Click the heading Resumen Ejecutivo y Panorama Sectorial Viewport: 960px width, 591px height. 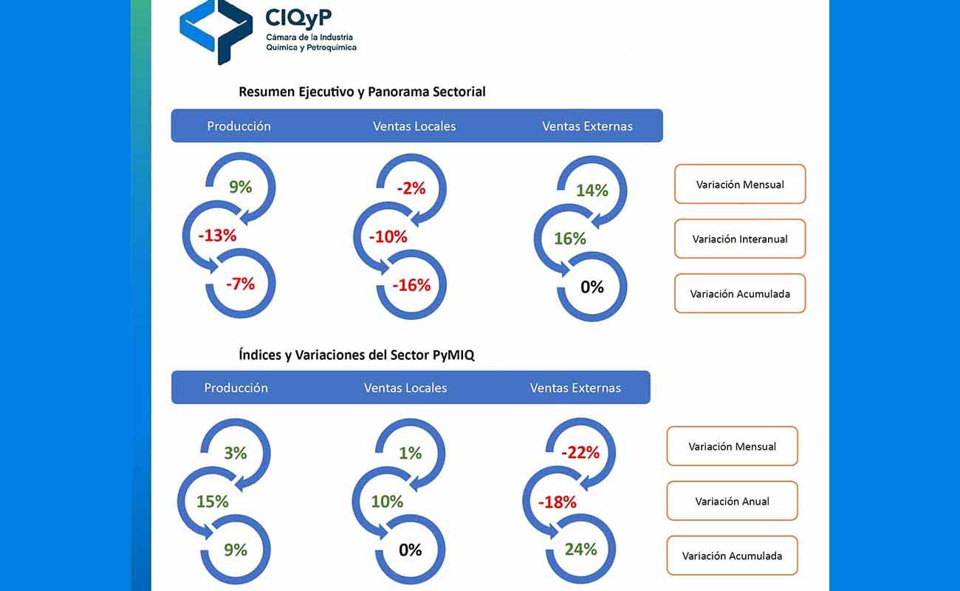362,92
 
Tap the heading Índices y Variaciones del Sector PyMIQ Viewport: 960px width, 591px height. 357,355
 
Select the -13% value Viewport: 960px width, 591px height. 217,236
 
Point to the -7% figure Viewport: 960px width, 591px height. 240,284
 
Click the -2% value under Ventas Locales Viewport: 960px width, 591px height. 411,188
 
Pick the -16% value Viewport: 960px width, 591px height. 411,286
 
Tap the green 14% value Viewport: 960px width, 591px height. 592,191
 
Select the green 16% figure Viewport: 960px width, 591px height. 569,239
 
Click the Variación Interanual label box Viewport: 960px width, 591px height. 739,239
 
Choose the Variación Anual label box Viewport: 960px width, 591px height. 732,501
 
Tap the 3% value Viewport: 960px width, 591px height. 235,453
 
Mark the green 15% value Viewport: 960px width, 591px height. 212,502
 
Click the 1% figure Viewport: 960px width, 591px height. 410,453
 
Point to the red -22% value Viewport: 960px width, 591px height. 580,453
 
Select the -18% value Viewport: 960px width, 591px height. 557,502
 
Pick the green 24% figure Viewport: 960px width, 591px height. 580,550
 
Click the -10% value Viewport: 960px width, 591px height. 388,237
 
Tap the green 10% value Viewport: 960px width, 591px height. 386,502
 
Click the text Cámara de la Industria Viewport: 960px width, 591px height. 310,37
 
